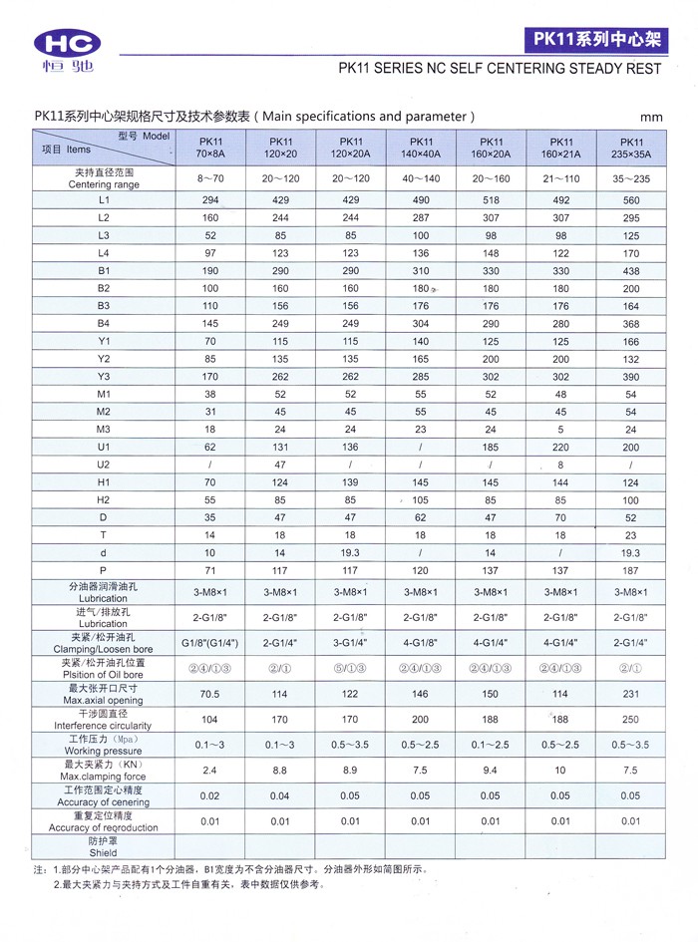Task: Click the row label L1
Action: tap(103, 200)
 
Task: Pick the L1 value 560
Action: tap(630, 200)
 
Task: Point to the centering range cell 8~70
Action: tap(210, 178)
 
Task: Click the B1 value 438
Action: tap(630, 270)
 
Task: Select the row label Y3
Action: tap(103, 376)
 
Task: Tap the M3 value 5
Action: tap(561, 429)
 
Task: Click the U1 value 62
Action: tap(210, 447)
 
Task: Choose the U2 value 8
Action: tap(561, 464)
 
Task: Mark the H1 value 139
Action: tap(351, 481)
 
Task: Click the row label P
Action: tap(103, 569)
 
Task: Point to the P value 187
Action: tap(630, 569)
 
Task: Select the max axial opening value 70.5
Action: tap(210, 693)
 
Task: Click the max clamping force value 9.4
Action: tap(491, 770)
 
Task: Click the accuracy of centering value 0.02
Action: tap(210, 795)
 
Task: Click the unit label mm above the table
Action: tap(652, 117)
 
